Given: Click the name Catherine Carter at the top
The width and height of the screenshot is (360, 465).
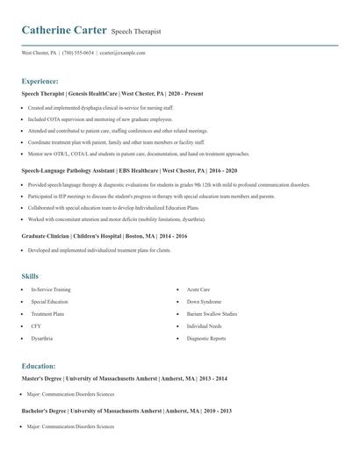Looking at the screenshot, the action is click(x=64, y=30).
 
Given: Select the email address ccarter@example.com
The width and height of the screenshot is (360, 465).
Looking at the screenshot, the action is click(x=122, y=53).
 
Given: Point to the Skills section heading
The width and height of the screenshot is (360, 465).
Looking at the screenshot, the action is click(x=30, y=275).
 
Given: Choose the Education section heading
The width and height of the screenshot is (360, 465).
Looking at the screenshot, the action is click(x=40, y=366).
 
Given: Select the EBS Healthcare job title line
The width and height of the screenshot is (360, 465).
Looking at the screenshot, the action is click(x=129, y=170).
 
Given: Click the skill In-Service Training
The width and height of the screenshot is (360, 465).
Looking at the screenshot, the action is click(x=51, y=289).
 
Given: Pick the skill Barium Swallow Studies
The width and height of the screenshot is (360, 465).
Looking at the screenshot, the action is click(x=211, y=313).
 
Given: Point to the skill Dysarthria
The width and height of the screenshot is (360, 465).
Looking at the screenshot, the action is click(x=42, y=338).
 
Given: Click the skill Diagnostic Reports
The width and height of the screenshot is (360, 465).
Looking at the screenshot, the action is click(x=205, y=338).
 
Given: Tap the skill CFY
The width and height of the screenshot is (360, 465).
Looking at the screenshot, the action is click(x=36, y=325).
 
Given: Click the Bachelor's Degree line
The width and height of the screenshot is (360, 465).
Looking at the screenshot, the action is click(x=126, y=411).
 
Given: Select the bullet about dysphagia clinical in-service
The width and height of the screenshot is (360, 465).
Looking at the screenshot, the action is click(x=100, y=107).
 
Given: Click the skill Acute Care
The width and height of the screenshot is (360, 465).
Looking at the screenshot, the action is click(x=198, y=289).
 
